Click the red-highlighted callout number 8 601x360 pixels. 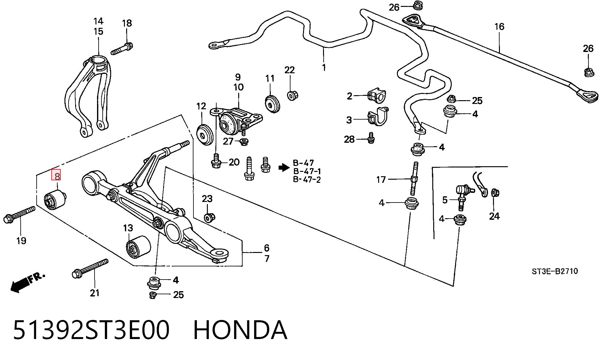click(x=57, y=175)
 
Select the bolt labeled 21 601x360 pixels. click(x=90, y=269)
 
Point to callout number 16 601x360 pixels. click(x=499, y=27)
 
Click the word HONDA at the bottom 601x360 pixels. click(x=240, y=330)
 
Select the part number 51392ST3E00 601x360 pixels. click(x=91, y=330)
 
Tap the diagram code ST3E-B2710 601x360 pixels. click(x=555, y=271)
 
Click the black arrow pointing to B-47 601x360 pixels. click(x=284, y=168)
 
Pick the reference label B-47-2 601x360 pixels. click(x=307, y=180)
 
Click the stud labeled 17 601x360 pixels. click(x=414, y=178)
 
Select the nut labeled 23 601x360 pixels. click(x=209, y=217)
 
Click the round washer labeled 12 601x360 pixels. click(x=205, y=135)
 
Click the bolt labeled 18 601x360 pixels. click(x=122, y=49)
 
